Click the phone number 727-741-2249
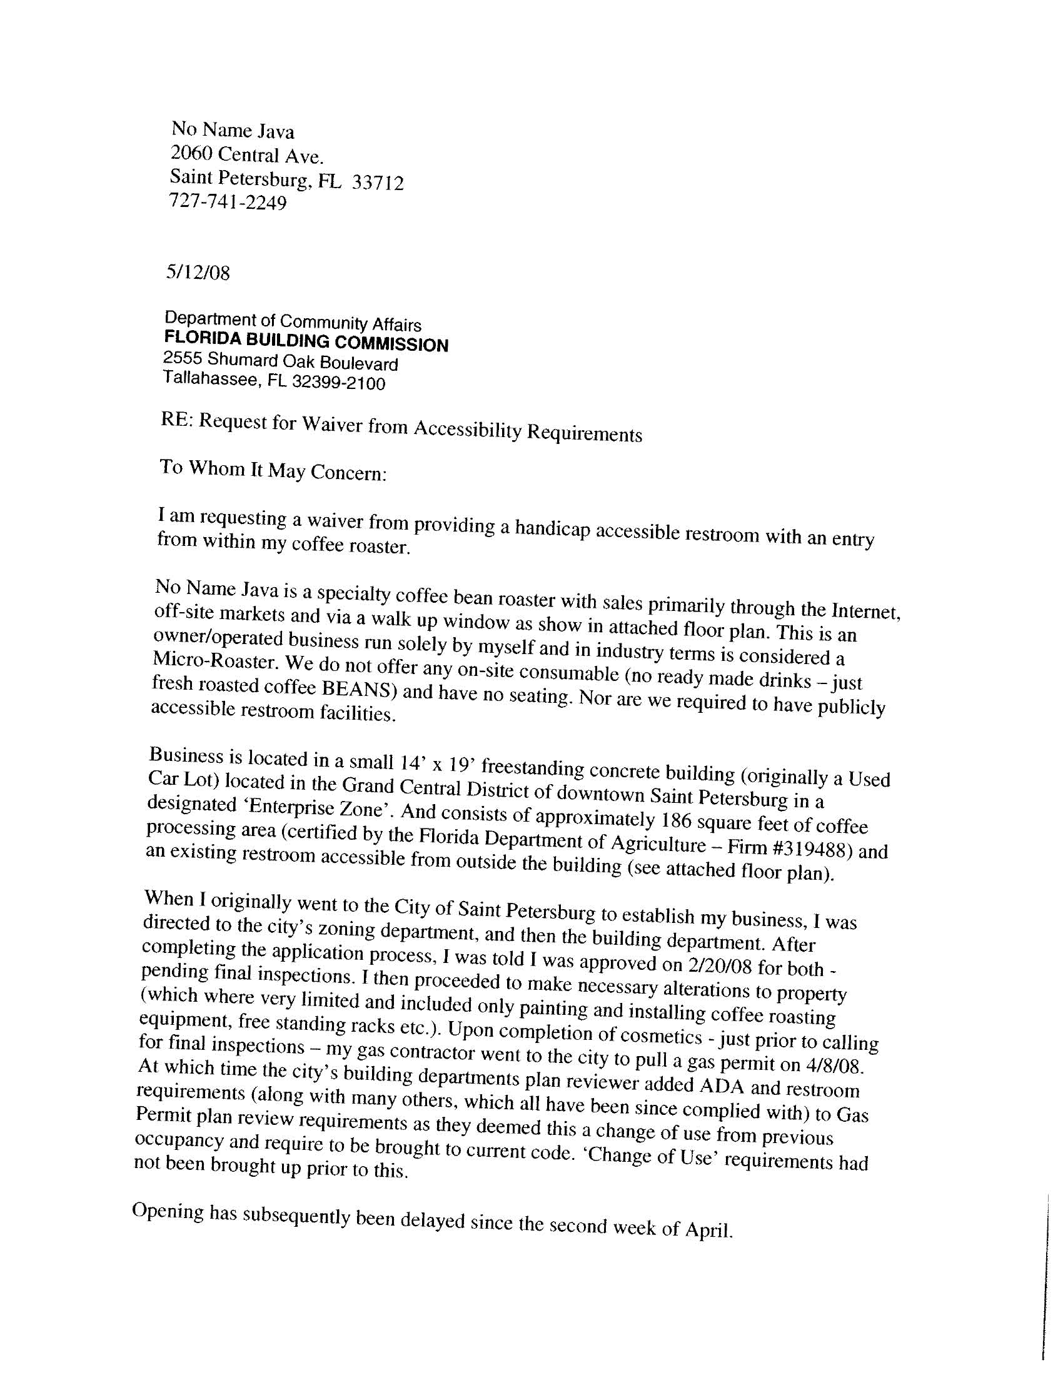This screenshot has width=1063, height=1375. pos(228,202)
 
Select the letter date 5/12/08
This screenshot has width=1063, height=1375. pos(198,273)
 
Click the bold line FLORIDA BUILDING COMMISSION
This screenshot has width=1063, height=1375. pos(306,342)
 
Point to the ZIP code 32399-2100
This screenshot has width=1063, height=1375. pos(338,383)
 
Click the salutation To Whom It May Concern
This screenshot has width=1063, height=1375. pos(272,470)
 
